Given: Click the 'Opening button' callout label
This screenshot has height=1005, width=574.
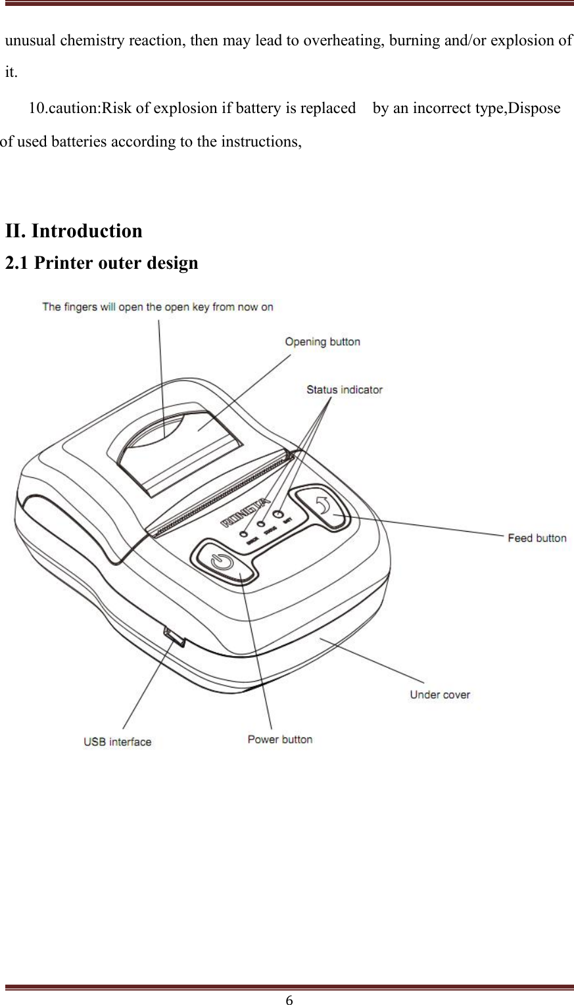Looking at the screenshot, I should pyautogui.click(x=322, y=342).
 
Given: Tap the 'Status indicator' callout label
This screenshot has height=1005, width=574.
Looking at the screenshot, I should pyautogui.click(x=344, y=390).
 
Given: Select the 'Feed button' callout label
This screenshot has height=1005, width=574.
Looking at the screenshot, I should pyautogui.click(x=537, y=538).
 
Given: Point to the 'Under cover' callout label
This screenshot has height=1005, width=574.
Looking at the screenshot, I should pyautogui.click(x=439, y=695).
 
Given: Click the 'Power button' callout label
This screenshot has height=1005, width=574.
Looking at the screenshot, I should pyautogui.click(x=279, y=739).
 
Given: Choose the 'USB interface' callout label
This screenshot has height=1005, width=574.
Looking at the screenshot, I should pyautogui.click(x=117, y=742).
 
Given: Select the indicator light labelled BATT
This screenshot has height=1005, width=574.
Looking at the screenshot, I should pyautogui.click(x=277, y=515).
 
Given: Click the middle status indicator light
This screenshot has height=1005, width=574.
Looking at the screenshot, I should pyautogui.click(x=261, y=525).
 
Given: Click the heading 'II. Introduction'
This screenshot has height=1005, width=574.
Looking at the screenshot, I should pyautogui.click(x=74, y=231).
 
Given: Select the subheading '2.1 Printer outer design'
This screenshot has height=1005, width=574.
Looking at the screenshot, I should pyautogui.click(x=101, y=263).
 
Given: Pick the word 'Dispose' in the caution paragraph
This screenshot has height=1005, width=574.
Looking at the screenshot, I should pyautogui.click(x=536, y=108).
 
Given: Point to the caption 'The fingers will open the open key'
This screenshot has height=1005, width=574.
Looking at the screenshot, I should pyautogui.click(x=158, y=307).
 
